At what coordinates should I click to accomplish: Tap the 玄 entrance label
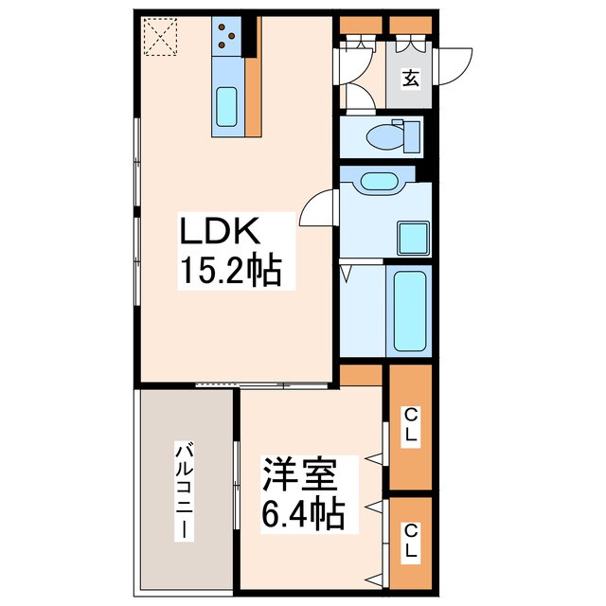click(410, 79)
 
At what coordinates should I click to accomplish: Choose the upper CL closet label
click(411, 425)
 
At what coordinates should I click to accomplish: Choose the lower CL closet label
click(411, 540)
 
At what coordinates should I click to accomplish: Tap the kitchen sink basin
click(227, 107)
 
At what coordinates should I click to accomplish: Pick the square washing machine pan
click(413, 236)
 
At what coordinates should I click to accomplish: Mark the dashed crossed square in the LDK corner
click(160, 38)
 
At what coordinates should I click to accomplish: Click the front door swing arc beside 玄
click(457, 60)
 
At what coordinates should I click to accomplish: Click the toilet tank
click(411, 136)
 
